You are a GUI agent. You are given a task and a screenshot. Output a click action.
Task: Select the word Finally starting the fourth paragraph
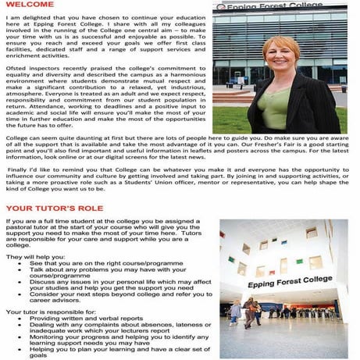[22, 169]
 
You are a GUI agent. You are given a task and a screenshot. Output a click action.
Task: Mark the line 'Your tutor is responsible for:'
[45, 312]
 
